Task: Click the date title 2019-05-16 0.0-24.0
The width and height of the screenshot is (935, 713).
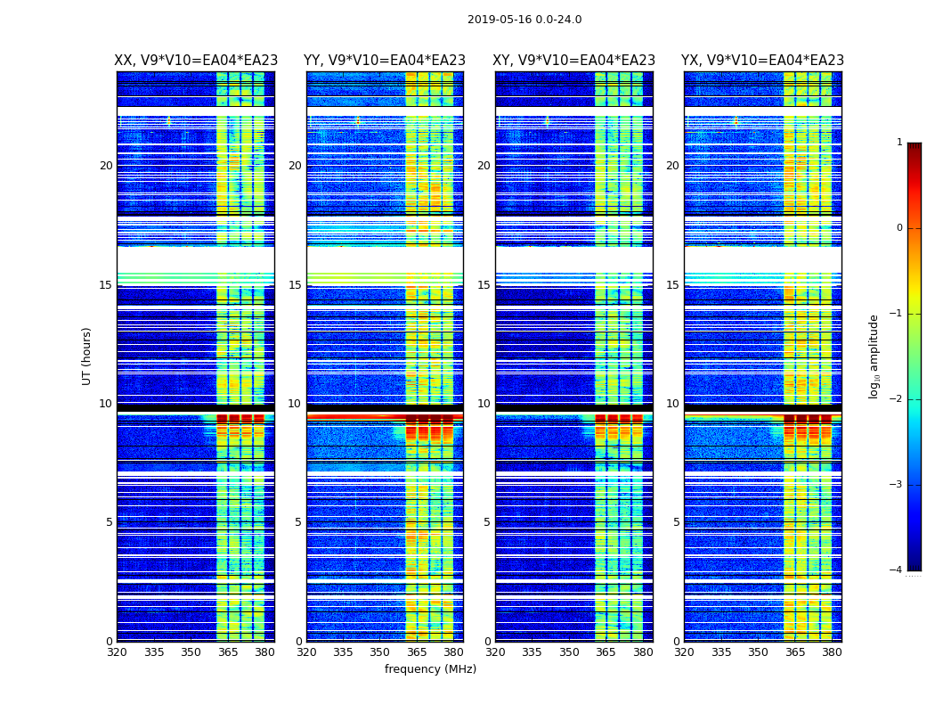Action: tap(524, 20)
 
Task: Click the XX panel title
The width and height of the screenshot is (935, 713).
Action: tap(196, 61)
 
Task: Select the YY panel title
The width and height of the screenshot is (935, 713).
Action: tap(385, 61)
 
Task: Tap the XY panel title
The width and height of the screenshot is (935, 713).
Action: tap(574, 61)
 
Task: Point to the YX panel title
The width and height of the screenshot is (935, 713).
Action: tap(762, 61)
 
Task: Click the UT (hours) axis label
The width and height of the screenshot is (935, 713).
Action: tap(87, 356)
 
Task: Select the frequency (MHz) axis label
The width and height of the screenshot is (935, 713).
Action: tap(430, 669)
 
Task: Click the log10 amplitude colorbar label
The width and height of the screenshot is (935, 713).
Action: tap(874, 356)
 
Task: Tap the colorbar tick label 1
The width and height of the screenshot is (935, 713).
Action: tap(899, 143)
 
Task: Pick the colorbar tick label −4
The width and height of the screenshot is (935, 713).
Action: tap(897, 570)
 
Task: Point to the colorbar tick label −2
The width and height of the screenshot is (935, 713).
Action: tap(897, 399)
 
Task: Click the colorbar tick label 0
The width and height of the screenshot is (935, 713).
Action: tap(899, 228)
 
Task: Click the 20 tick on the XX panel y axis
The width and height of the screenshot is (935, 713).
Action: tap(106, 166)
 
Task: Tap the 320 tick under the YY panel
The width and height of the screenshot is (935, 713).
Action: tap(306, 652)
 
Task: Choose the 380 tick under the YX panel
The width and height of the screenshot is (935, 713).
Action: tap(832, 652)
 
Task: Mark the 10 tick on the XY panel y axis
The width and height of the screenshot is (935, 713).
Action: tap(484, 404)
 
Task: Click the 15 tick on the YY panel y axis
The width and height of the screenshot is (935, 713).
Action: tap(295, 285)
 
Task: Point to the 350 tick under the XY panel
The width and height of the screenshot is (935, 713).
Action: tap(569, 652)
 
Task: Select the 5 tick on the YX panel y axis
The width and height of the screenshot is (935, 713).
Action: tap(676, 522)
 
